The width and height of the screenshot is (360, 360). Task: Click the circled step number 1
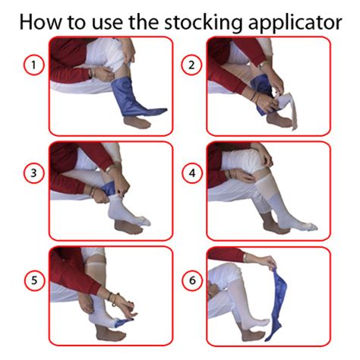point(33,65)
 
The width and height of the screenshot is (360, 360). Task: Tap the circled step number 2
point(191,65)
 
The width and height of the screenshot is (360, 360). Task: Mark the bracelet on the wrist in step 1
point(90,73)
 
